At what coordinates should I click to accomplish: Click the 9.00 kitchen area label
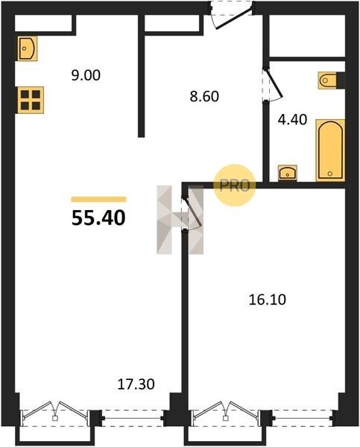[x=86, y=75]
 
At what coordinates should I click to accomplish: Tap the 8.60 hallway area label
[x=204, y=96]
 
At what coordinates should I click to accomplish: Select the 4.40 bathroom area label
[x=292, y=119]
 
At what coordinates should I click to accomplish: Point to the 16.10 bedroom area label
[x=268, y=299]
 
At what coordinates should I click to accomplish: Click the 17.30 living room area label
[x=136, y=384]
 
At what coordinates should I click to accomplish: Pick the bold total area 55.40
[x=98, y=218]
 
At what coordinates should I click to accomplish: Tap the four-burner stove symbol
[x=31, y=100]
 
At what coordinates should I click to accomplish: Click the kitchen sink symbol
[x=28, y=48]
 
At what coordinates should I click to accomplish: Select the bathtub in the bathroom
[x=330, y=150]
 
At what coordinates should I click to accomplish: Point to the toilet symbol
[x=327, y=80]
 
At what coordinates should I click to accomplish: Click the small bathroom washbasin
[x=288, y=173]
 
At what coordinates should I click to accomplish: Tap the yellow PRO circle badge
[x=234, y=186]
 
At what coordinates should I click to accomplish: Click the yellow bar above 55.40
[x=98, y=199]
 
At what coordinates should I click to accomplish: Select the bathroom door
[x=272, y=83]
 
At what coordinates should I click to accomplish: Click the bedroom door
[x=192, y=212]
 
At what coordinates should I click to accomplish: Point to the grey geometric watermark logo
[x=180, y=220]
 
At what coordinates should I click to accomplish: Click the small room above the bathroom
[x=307, y=36]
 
